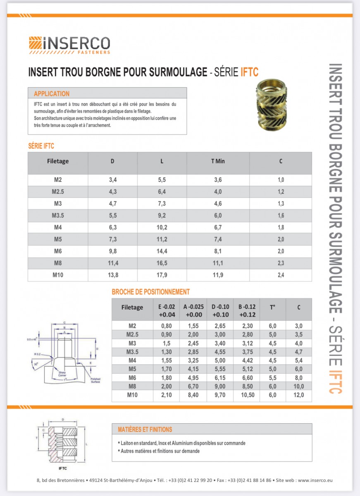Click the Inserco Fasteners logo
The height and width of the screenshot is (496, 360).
(x=69, y=45)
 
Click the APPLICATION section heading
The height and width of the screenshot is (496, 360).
(x=52, y=94)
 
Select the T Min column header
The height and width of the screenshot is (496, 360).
(x=218, y=161)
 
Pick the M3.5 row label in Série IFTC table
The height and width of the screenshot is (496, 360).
(x=58, y=215)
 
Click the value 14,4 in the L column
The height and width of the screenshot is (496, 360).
(x=162, y=251)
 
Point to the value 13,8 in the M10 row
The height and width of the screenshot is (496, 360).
(x=112, y=275)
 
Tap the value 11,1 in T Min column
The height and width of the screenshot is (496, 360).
(x=218, y=263)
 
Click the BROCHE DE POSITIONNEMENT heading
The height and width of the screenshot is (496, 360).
(x=151, y=292)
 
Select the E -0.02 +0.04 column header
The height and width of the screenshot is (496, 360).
(x=166, y=310)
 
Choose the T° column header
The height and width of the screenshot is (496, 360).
(x=273, y=308)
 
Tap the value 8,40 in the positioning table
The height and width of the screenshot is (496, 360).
(x=193, y=395)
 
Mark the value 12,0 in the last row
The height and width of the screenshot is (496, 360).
(x=298, y=395)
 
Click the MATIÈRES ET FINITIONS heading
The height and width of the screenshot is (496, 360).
(x=145, y=429)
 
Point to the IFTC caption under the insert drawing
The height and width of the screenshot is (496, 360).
(x=63, y=468)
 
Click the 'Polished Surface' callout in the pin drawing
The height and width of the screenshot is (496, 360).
(x=95, y=380)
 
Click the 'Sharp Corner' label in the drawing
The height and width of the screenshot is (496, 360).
(x=62, y=374)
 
